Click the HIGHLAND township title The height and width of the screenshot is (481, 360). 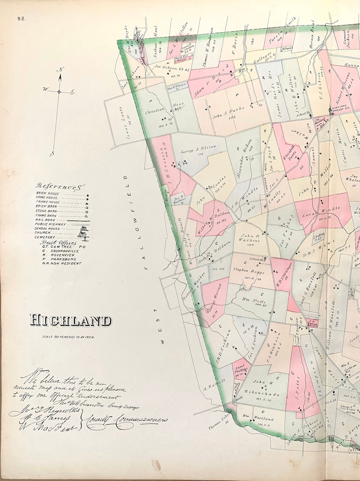coord(70,320)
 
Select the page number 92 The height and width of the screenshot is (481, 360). coord(21,19)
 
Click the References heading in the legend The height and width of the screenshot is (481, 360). coord(62,186)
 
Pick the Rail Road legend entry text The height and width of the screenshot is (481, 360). coord(46,219)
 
